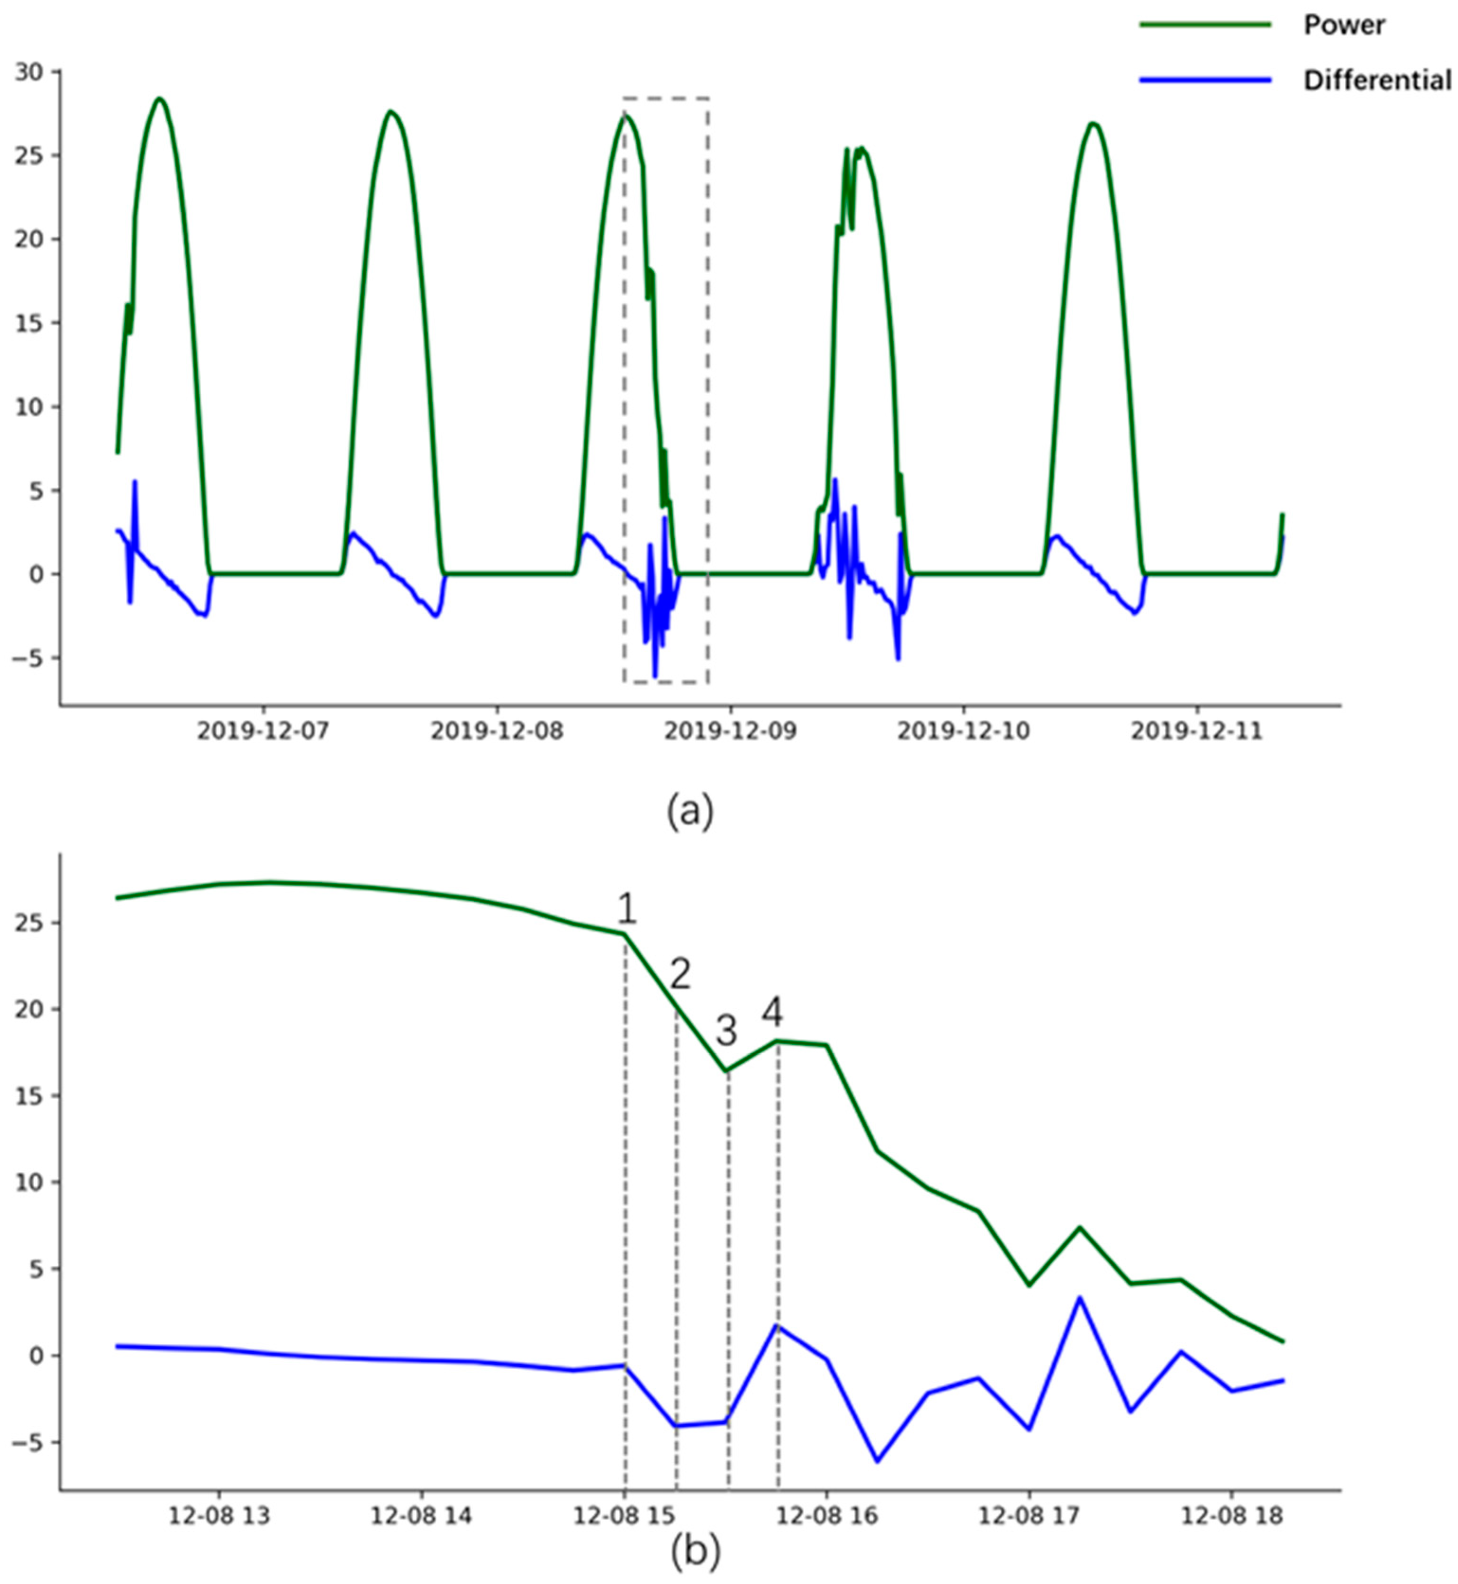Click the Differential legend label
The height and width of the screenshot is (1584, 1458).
(x=1377, y=81)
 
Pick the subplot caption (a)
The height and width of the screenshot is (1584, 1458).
(x=689, y=810)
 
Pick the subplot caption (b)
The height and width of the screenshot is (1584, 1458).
(x=694, y=1552)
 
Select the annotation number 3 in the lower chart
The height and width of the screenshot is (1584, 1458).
(x=726, y=1030)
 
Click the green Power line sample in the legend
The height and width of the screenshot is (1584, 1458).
(x=1205, y=25)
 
